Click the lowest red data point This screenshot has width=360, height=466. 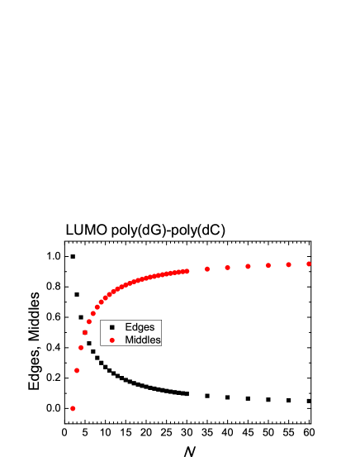pyautogui.click(x=73, y=408)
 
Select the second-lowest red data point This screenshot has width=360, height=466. pyautogui.click(x=77, y=370)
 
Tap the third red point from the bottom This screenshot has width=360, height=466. pyautogui.click(x=81, y=348)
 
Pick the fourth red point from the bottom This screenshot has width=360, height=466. pyautogui.click(x=85, y=332)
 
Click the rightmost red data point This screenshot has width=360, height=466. pyautogui.click(x=309, y=264)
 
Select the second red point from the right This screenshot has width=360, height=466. pyautogui.click(x=288, y=264)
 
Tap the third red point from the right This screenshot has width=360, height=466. pyautogui.click(x=268, y=265)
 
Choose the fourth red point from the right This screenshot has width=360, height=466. pyautogui.click(x=248, y=266)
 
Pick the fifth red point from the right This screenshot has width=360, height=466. pyautogui.click(x=227, y=268)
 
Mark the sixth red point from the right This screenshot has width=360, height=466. pyautogui.click(x=207, y=269)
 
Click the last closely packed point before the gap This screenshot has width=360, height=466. pyautogui.click(x=187, y=270)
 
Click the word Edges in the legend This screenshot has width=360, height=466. pyautogui.click(x=140, y=327)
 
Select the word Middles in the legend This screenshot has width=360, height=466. pyautogui.click(x=143, y=340)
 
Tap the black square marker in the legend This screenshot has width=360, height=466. pyautogui.click(x=111, y=327)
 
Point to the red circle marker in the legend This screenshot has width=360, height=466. pyautogui.click(x=111, y=340)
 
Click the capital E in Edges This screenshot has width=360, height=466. pyautogui.click(x=128, y=327)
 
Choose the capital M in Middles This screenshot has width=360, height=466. pyautogui.click(x=129, y=340)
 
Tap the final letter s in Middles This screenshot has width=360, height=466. pyautogui.click(x=158, y=340)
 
